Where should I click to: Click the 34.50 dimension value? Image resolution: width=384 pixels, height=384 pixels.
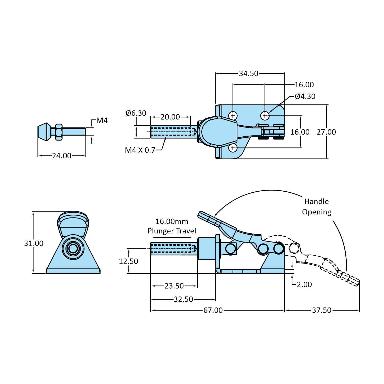click(x=249, y=74)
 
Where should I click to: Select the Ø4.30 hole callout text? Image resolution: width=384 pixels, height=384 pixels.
click(x=305, y=96)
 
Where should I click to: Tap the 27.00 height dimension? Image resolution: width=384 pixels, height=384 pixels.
click(x=326, y=132)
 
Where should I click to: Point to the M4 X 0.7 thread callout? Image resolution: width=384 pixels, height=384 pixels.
click(x=140, y=150)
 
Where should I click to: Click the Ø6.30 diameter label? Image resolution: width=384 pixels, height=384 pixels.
click(x=136, y=113)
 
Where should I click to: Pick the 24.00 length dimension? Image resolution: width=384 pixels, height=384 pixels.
click(x=62, y=156)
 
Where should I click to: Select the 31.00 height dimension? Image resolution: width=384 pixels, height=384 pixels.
click(x=34, y=243)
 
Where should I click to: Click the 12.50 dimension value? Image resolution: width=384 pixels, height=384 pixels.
click(x=128, y=261)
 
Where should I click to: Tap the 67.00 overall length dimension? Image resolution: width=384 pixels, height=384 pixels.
click(x=213, y=310)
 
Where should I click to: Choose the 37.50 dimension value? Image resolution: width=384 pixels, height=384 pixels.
click(x=322, y=310)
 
